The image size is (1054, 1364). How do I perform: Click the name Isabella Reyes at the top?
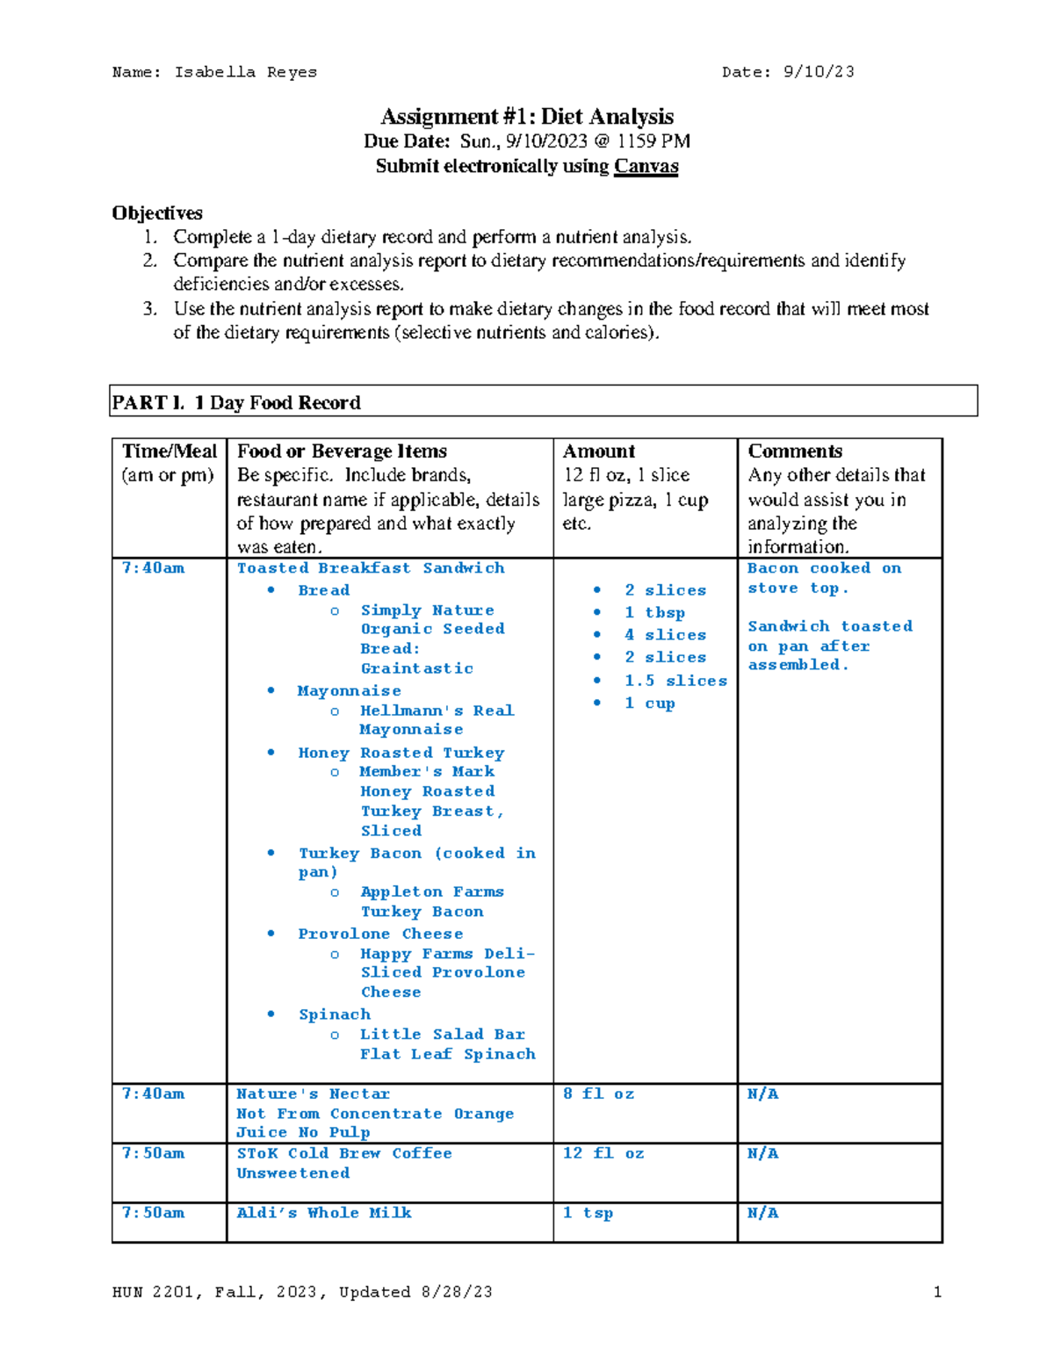click(245, 72)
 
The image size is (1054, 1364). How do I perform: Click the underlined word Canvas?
click(646, 166)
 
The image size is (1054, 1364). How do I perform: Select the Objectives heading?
click(157, 213)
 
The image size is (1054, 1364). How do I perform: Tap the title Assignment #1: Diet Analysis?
click(527, 116)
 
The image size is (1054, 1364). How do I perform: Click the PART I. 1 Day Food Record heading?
click(236, 402)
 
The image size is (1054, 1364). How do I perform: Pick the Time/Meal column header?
click(170, 451)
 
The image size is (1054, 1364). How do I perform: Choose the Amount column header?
click(599, 451)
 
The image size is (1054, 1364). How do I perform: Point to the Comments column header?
click(795, 451)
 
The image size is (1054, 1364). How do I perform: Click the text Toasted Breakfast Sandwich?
click(371, 568)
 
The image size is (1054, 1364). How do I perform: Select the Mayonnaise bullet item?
click(349, 691)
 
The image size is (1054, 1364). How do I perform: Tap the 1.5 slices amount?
click(675, 681)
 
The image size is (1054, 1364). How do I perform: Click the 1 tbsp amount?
click(654, 613)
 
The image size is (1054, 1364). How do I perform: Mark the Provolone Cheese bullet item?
click(380, 934)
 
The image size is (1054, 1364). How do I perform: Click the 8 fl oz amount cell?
click(598, 1093)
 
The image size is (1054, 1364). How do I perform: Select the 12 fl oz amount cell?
click(603, 1153)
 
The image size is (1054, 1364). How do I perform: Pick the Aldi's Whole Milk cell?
click(324, 1213)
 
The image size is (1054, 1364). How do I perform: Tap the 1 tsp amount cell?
click(588, 1213)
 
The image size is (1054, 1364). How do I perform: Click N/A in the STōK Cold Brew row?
click(762, 1153)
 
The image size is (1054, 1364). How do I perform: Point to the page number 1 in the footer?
click(937, 1292)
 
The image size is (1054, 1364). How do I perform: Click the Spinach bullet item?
click(335, 1014)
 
